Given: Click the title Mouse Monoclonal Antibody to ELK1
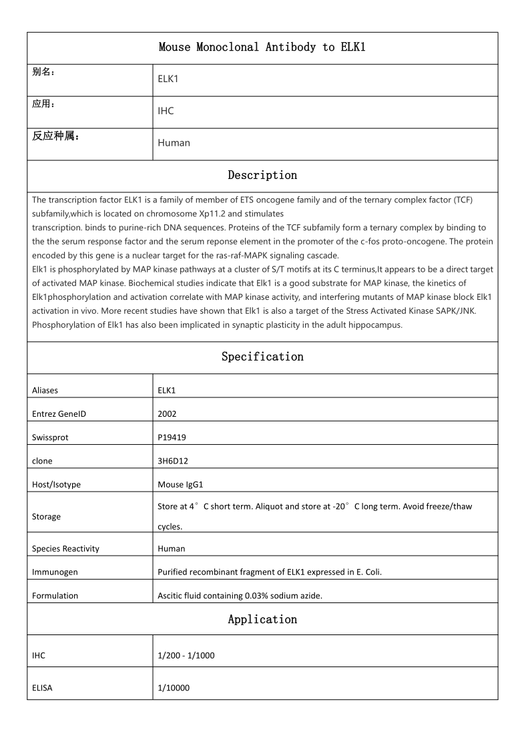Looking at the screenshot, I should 262,47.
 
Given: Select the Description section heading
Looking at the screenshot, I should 262,175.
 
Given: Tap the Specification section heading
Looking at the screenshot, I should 262,357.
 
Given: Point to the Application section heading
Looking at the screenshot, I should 262,619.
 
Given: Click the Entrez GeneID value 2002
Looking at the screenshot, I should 167,413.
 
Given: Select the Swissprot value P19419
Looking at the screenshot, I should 171,437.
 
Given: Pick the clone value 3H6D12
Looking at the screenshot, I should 172,461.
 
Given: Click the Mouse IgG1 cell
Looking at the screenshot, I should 180,484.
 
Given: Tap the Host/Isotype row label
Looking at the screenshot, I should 56,484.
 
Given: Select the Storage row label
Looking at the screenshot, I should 46,516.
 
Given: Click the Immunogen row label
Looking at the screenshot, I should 55,572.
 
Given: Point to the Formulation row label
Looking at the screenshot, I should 55,595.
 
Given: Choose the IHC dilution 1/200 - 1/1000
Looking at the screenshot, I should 186,655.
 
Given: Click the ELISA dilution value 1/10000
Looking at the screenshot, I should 174,687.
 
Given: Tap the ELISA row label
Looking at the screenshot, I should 42,687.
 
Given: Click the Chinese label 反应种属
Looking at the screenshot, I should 56,137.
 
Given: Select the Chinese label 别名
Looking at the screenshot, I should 43,72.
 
